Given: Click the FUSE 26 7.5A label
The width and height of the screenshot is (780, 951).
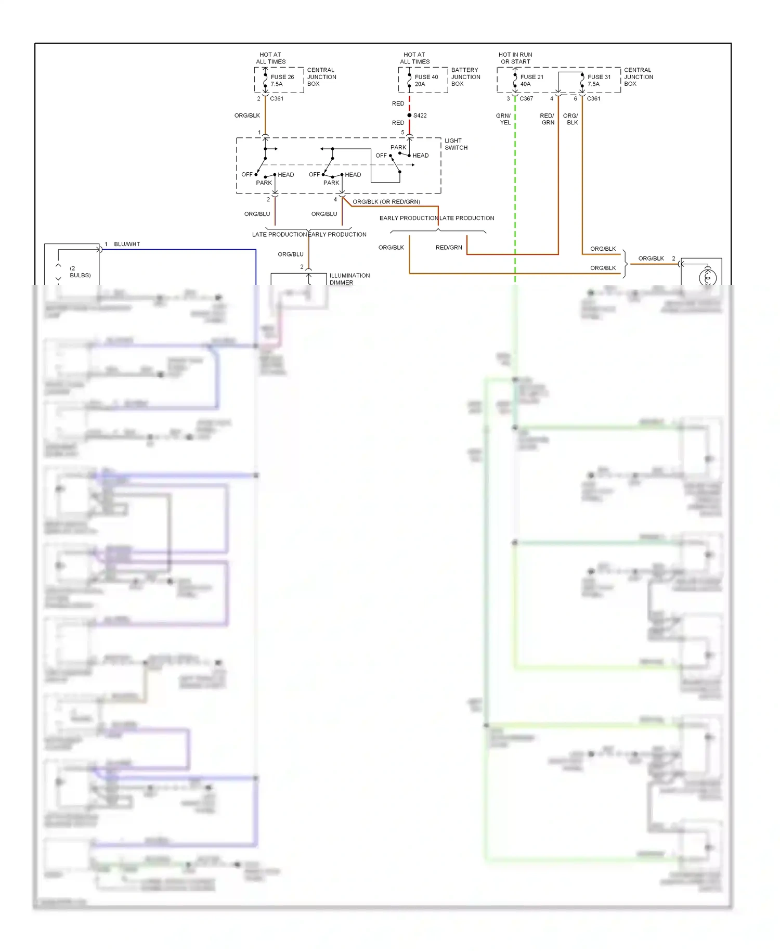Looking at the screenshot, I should tap(282, 80).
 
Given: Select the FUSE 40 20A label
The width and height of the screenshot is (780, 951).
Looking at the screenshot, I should tap(426, 80).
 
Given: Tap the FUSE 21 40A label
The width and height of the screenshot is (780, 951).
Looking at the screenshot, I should tap(531, 80).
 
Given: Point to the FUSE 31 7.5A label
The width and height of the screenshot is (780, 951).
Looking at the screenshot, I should tap(599, 80).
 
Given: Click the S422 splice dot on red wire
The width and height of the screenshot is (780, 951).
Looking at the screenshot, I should tap(409, 115).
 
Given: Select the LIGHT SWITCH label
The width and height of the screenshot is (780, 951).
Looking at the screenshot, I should tap(456, 144).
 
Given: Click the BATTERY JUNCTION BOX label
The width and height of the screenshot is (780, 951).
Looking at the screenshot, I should tap(465, 76).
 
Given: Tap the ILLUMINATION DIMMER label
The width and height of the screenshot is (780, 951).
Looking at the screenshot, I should tap(349, 279).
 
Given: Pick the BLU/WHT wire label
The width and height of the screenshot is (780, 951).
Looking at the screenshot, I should tap(127, 244).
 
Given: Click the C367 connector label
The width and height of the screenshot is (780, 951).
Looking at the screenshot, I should tap(526, 98).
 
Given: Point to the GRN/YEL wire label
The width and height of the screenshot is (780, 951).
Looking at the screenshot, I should tap(503, 119).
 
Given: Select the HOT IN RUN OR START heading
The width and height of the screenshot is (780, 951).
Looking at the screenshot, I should tap(515, 58).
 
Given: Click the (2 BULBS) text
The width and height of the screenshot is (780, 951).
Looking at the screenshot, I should tap(80, 272).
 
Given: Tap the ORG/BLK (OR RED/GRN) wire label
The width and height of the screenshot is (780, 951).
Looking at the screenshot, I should tap(386, 202).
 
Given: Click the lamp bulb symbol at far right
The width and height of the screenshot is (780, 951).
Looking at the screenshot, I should tap(707, 277).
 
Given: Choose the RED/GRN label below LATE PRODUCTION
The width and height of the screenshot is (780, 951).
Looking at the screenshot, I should tap(449, 248).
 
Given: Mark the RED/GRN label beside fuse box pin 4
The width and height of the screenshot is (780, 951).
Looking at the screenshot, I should tap(547, 119).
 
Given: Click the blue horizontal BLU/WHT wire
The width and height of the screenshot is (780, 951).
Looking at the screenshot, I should tap(177, 250).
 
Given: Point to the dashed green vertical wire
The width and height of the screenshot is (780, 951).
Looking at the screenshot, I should tap(515, 198).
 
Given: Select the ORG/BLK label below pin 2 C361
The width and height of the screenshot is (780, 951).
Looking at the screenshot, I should tap(247, 115).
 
